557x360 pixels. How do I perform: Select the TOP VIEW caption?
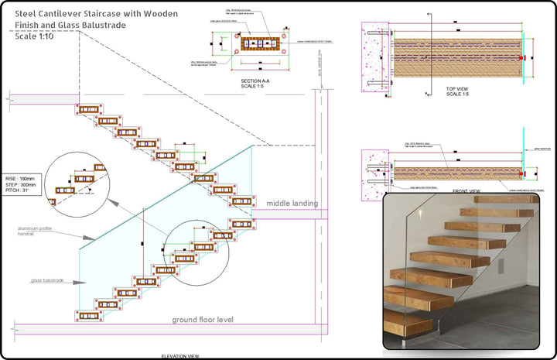point(458,90)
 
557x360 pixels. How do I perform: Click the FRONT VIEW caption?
point(466,190)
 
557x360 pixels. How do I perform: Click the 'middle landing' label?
point(292,204)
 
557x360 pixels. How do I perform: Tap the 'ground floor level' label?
point(202,320)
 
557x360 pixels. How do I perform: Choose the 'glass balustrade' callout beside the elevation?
point(47,282)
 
